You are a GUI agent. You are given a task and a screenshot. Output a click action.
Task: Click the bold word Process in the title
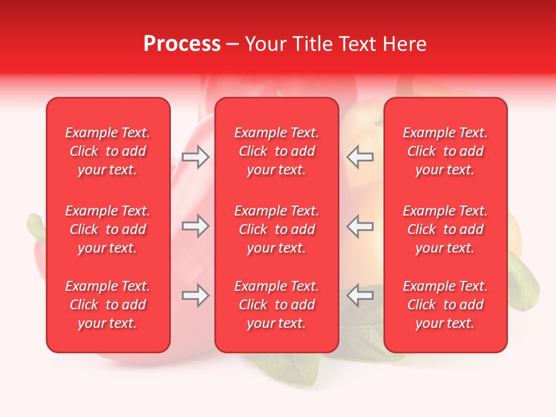182,44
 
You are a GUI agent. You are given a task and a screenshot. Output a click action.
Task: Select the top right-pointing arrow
196,157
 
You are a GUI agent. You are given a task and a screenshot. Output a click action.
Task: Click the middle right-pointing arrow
196,226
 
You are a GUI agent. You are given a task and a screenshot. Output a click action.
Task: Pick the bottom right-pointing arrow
196,296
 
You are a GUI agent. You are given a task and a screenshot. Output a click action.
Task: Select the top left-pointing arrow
360,157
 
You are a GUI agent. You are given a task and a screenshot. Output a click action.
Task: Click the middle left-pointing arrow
360,226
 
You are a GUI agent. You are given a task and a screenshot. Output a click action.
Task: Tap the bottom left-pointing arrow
360,296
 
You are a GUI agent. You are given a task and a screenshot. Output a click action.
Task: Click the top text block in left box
108,151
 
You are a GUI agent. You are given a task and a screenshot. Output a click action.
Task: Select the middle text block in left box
108,229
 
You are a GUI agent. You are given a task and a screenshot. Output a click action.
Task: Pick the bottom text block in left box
108,305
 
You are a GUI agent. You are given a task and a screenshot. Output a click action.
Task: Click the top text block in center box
277,151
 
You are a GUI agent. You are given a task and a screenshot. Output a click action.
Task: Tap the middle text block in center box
277,229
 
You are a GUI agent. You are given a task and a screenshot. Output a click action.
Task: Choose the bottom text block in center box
277,305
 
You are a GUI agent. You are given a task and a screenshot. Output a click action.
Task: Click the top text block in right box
445,151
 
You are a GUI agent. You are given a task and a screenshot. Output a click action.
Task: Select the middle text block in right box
445,229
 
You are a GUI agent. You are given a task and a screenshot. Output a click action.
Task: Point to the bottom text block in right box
445,305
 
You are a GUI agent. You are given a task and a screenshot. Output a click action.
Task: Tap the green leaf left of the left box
36,229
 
